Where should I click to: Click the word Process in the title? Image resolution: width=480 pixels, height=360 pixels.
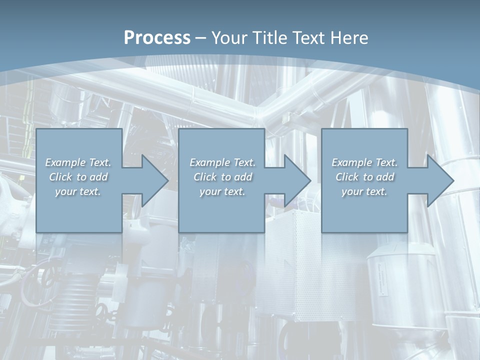pyautogui.click(x=157, y=38)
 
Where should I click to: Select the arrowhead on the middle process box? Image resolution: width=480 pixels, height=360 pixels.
pyautogui.click(x=296, y=180)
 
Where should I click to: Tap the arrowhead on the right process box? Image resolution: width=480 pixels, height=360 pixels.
pyautogui.click(x=439, y=180)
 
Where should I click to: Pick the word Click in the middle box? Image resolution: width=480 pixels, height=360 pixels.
pyautogui.click(x=205, y=177)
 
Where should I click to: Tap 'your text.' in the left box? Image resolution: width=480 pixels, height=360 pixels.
pyautogui.click(x=78, y=191)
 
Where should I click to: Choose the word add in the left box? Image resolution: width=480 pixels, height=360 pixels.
pyautogui.click(x=98, y=177)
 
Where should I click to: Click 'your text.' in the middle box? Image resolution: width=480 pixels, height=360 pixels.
pyautogui.click(x=222, y=191)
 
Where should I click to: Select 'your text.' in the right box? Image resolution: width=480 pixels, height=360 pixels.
pyautogui.click(x=364, y=191)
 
